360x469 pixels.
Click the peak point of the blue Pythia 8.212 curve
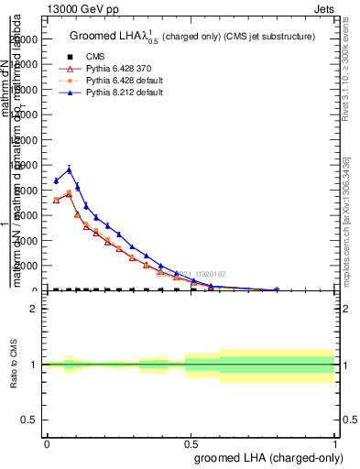click(69, 169)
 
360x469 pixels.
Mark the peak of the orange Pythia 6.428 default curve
click(69, 193)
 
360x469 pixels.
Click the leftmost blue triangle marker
click(56, 180)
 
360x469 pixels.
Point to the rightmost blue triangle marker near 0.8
click(277, 289)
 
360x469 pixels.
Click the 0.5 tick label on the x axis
click(191, 443)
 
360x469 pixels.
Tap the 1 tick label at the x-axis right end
click(335, 443)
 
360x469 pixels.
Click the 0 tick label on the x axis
click(47, 443)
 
